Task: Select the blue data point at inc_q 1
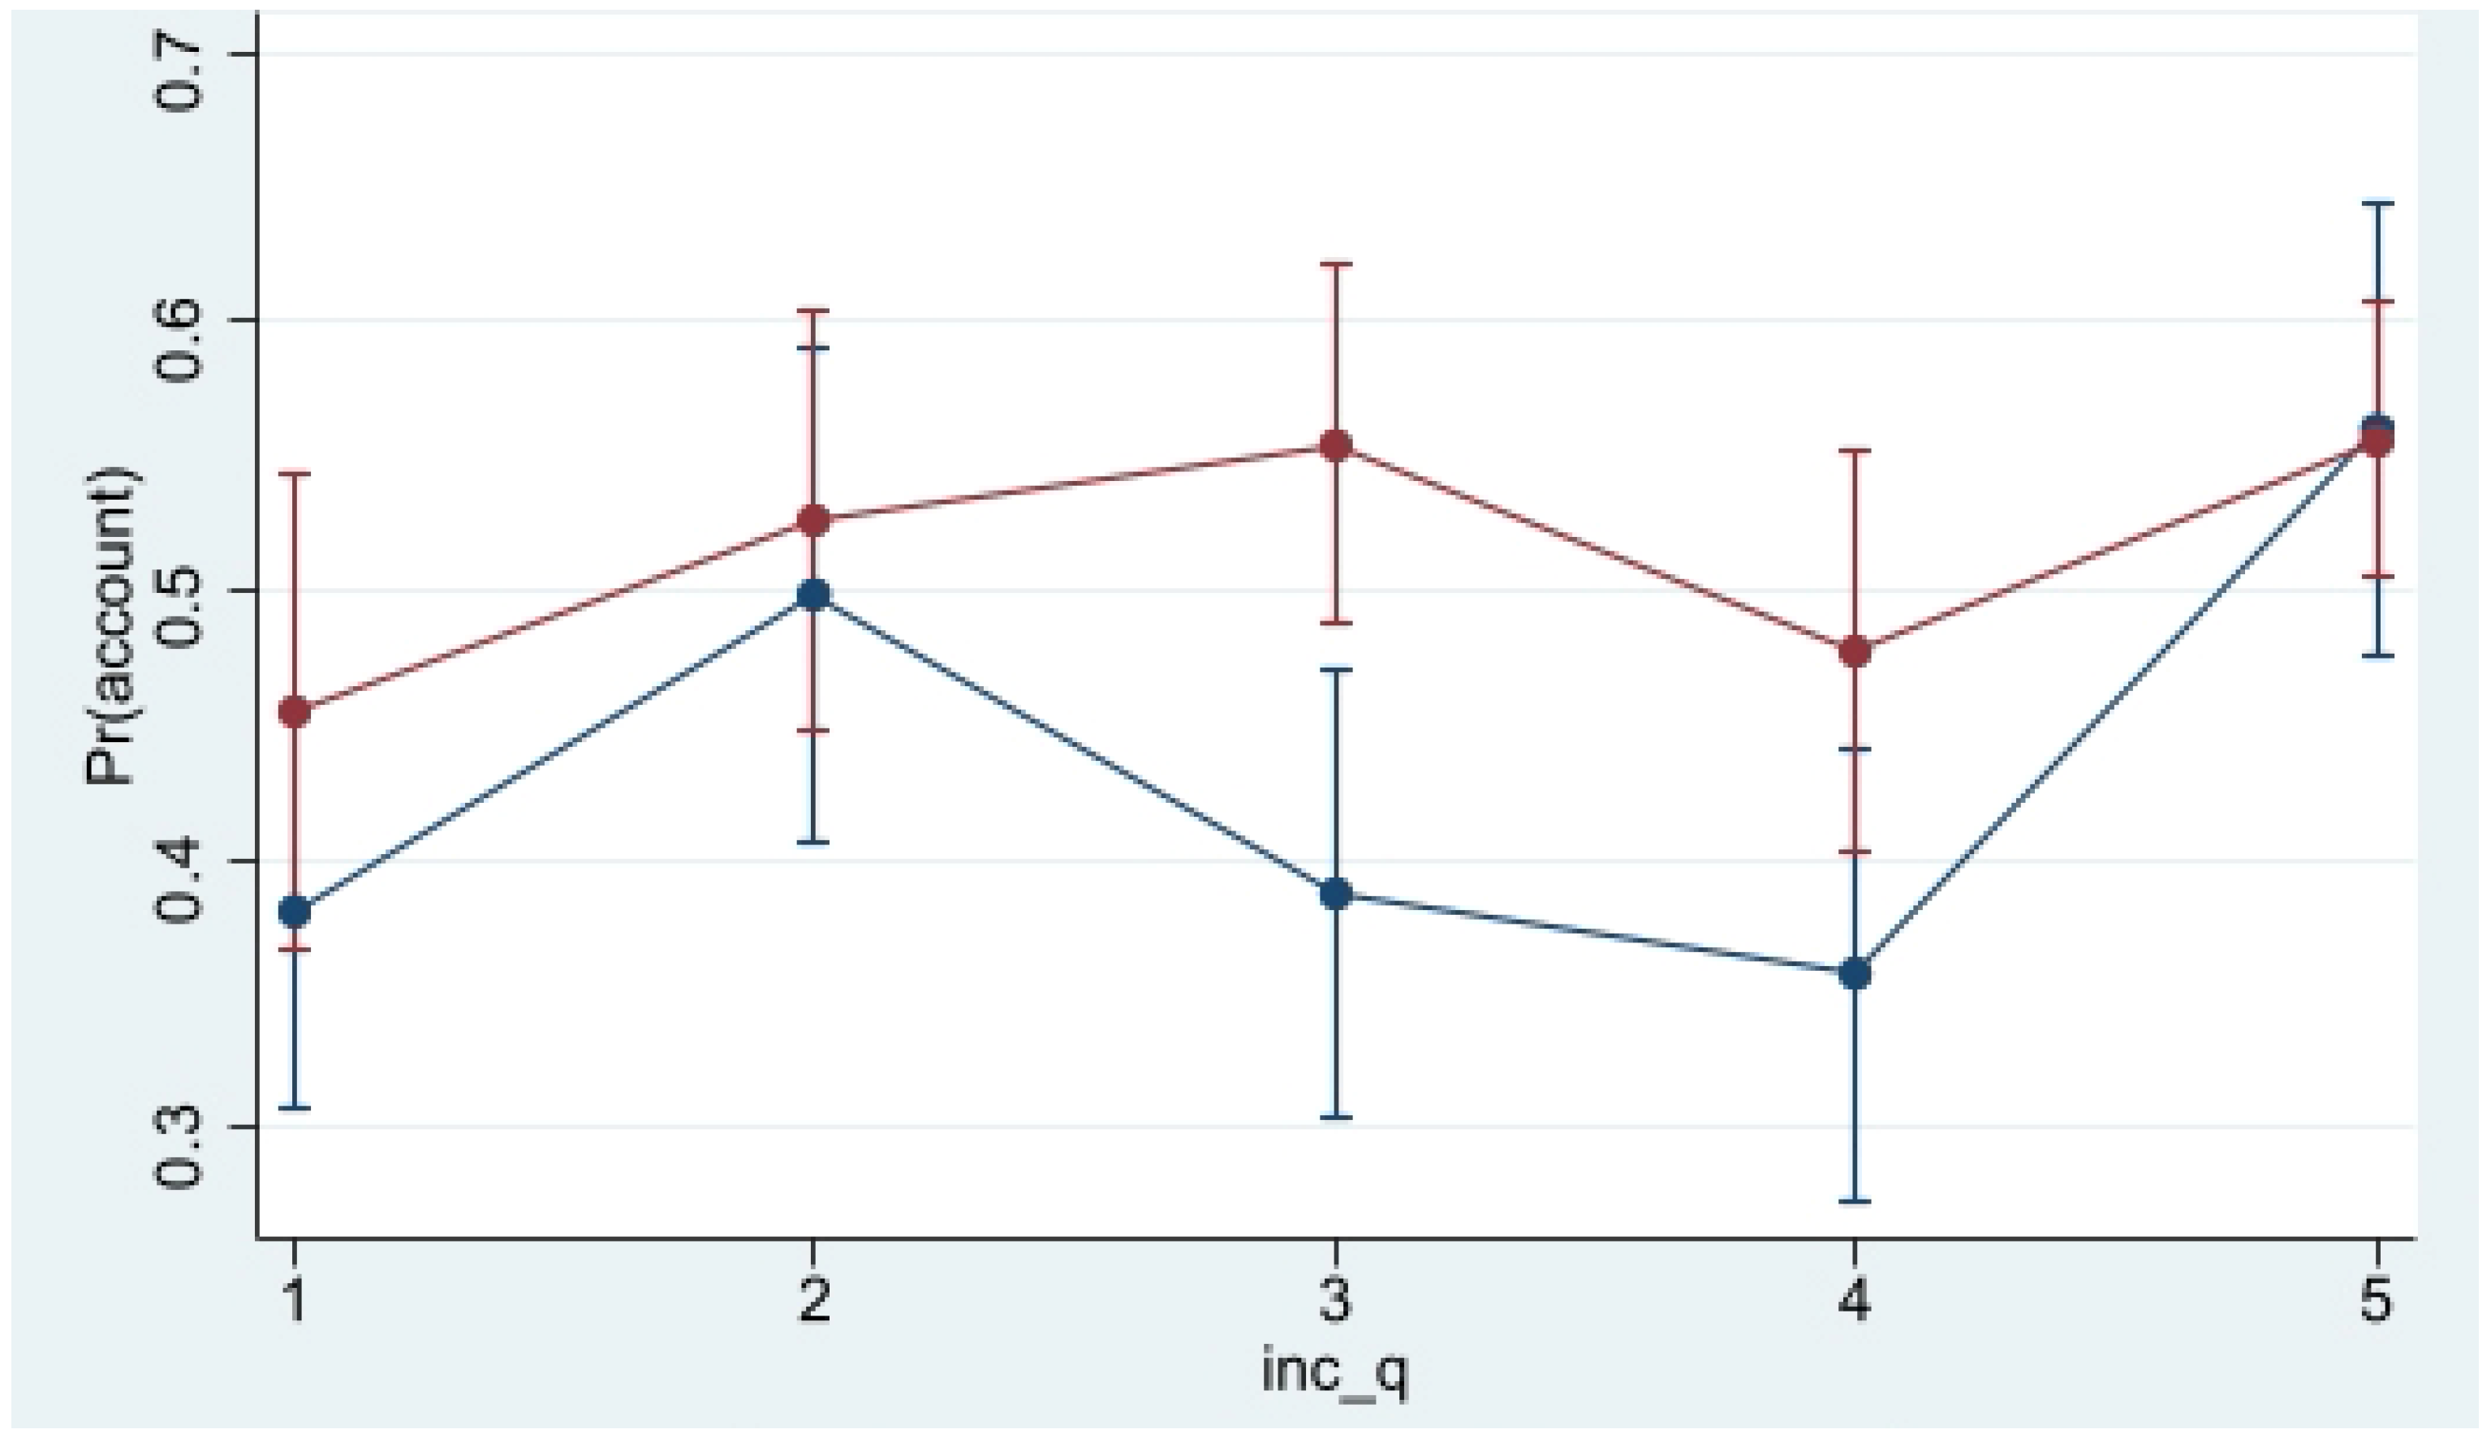[x=294, y=912]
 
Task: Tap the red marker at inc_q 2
[x=813, y=520]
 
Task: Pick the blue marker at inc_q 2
[x=813, y=595]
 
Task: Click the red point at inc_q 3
[x=1336, y=445]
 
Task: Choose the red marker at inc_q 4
[x=1855, y=652]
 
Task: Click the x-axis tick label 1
[x=294, y=1303]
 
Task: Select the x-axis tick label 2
[x=813, y=1303]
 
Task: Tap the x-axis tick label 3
[x=1336, y=1303]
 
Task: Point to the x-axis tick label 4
[x=1855, y=1303]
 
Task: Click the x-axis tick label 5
[x=2377, y=1303]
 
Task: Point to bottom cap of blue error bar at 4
[x=1855, y=1201]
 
